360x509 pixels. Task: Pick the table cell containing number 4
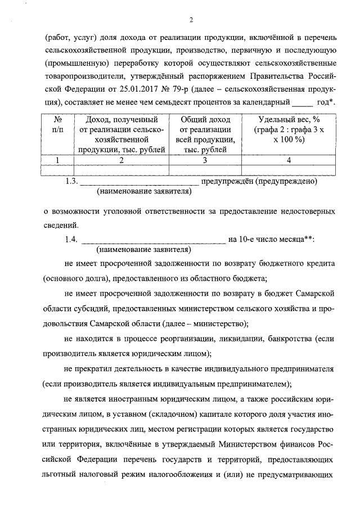(289, 160)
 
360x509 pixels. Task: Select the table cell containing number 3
(205, 160)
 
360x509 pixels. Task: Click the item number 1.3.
(71, 182)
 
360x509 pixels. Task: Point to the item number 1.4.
(71, 240)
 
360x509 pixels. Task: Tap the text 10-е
(253, 240)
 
